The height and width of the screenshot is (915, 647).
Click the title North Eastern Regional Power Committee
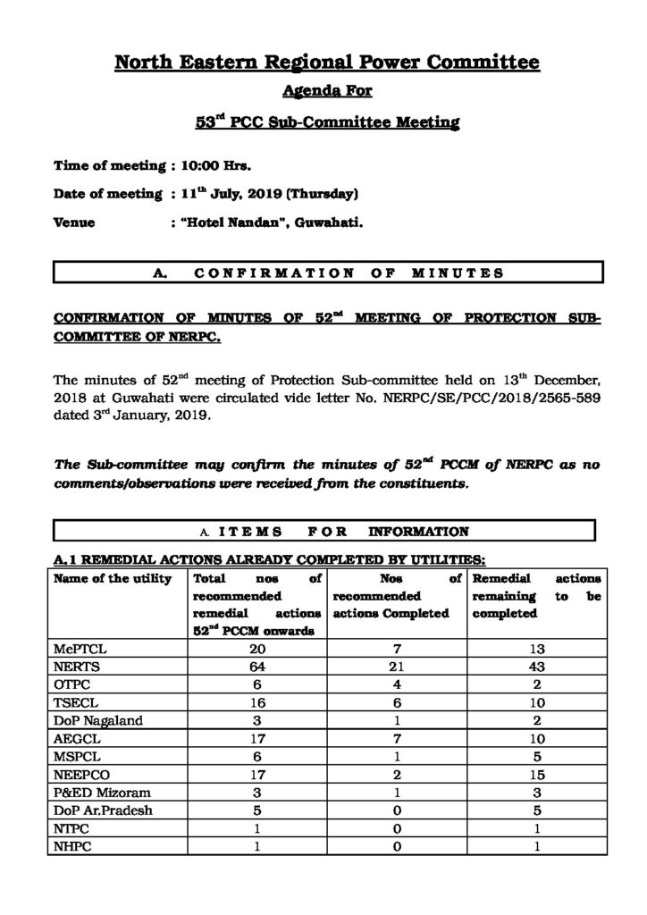tap(327, 63)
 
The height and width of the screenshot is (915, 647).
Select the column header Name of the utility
tap(112, 580)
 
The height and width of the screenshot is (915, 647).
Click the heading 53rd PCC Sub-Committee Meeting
tap(327, 122)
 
